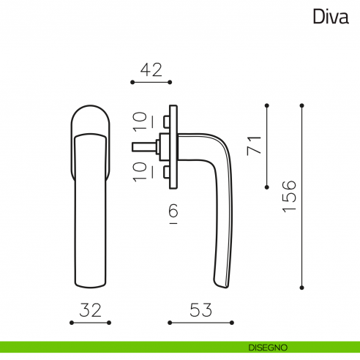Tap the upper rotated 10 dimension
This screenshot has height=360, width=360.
[x=140, y=121]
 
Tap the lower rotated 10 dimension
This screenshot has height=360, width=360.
[x=140, y=170]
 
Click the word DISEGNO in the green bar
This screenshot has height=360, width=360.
[x=267, y=347]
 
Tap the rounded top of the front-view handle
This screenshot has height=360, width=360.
[x=90, y=117]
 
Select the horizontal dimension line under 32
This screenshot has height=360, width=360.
[x=89, y=322]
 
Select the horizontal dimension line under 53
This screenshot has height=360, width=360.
[x=200, y=322]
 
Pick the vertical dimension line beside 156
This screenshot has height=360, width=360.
[x=301, y=196]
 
